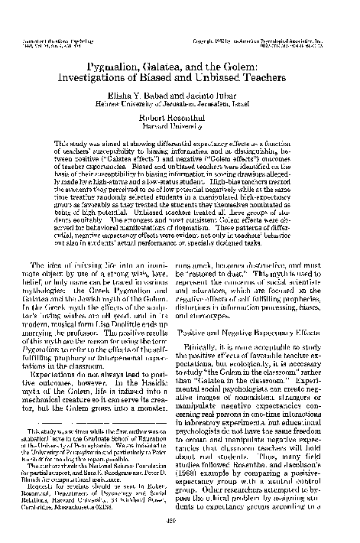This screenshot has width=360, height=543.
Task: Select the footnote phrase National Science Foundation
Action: click(x=115, y=479)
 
